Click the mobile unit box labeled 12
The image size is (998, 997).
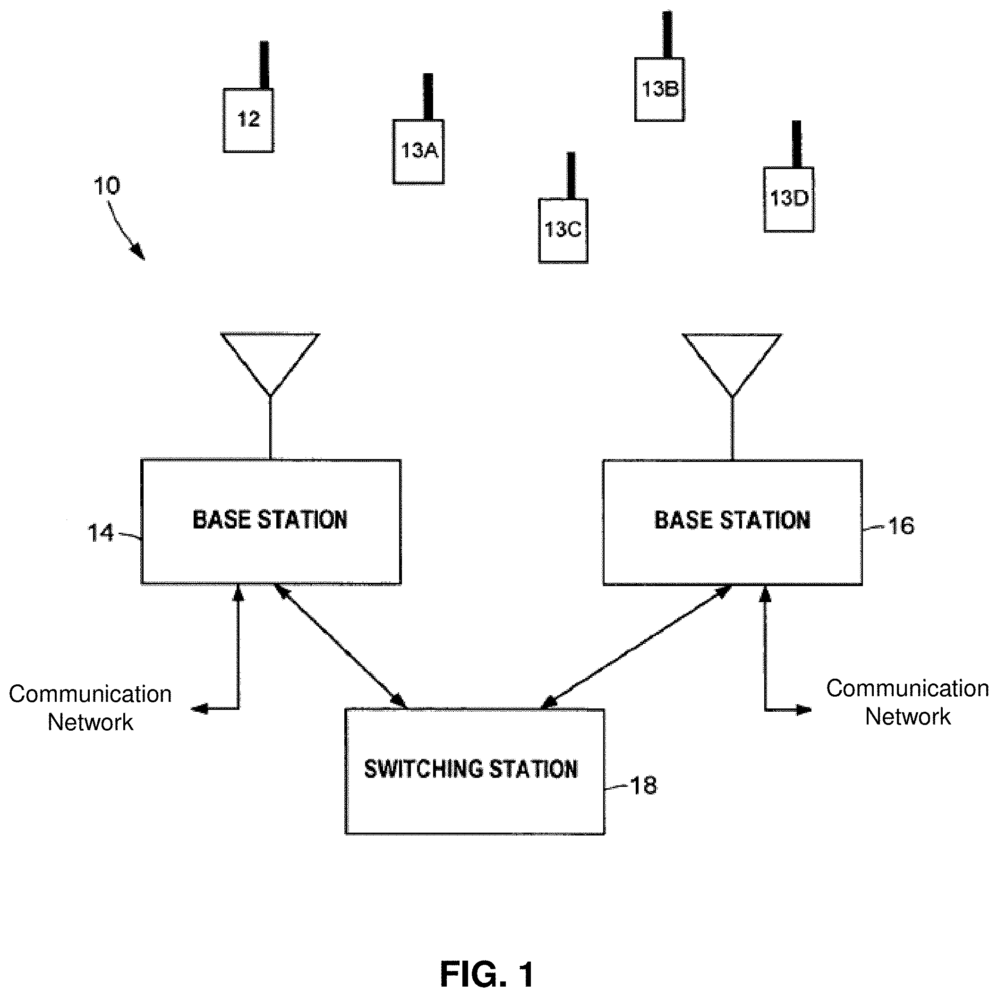[248, 120]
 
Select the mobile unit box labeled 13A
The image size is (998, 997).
[418, 152]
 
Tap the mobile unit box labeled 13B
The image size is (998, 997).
[660, 89]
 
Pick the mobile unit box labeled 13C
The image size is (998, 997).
[563, 231]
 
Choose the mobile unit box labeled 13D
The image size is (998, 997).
[789, 199]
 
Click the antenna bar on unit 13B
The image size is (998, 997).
[667, 34]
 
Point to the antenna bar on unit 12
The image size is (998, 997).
[264, 65]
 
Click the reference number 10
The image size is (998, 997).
[107, 186]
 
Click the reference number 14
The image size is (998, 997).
[100, 534]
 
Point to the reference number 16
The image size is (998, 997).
[901, 526]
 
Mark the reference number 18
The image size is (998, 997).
[644, 786]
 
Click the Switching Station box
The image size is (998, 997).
[475, 771]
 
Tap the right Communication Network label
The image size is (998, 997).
[908, 703]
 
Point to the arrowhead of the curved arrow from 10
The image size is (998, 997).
[139, 253]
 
